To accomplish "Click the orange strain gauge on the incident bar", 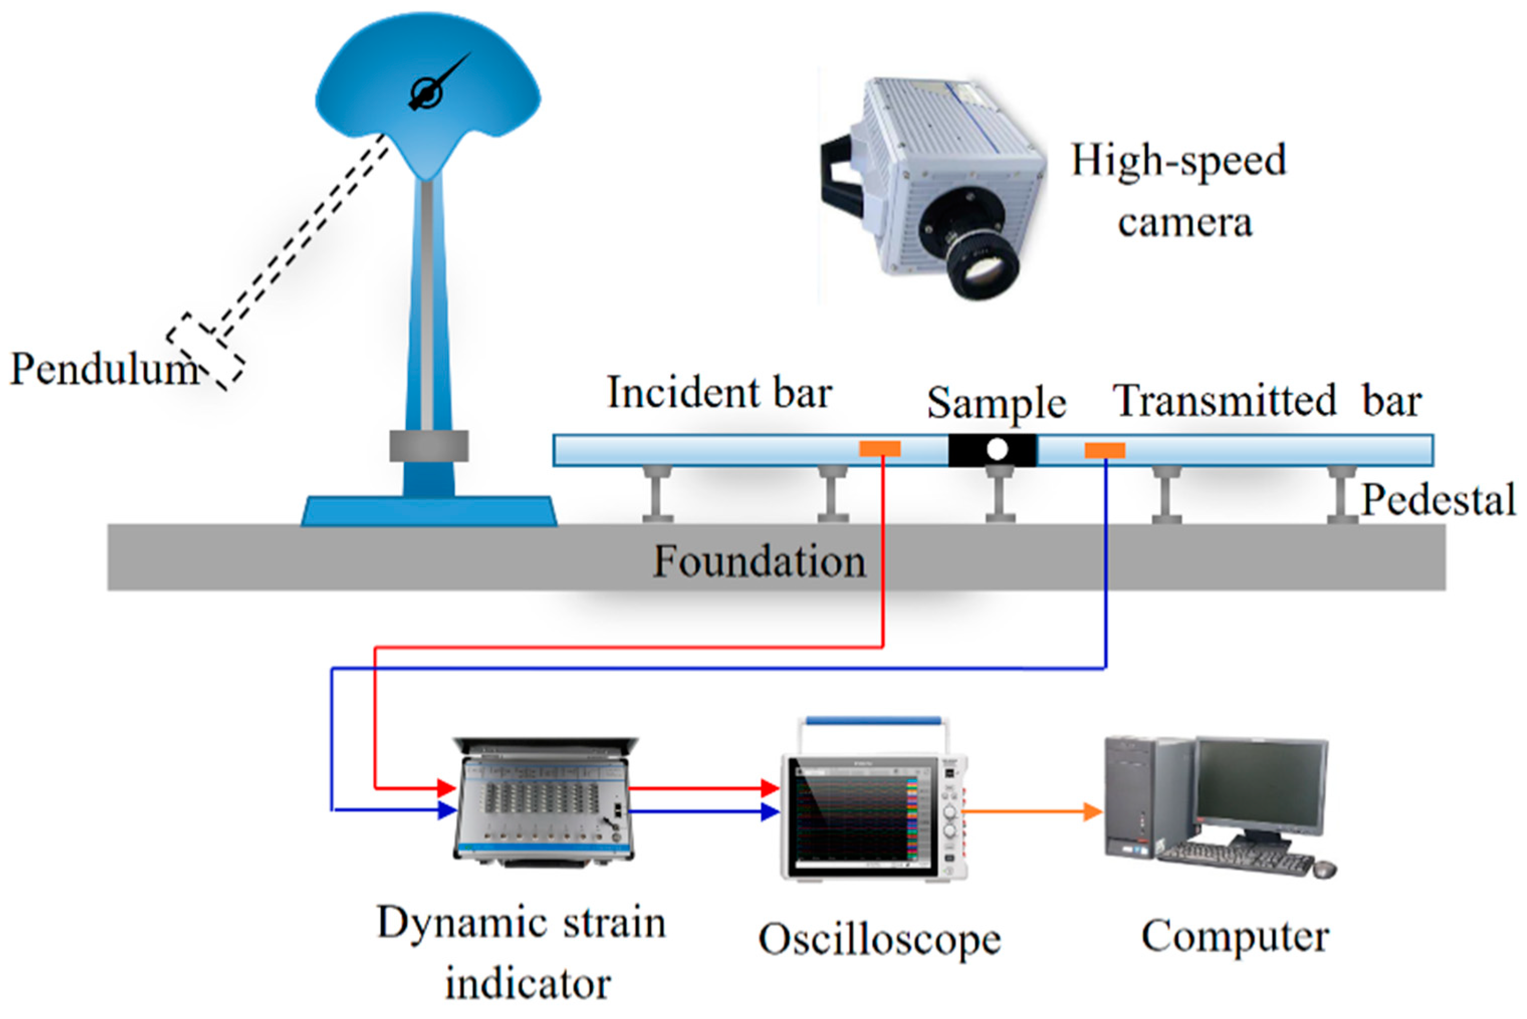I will pos(879,449).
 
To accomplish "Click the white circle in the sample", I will pos(996,450).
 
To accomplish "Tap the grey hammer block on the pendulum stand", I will pos(428,446).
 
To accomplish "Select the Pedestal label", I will pos(1438,500).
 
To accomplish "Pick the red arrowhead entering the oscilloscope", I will pos(771,789).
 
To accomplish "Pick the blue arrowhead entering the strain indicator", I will pos(447,810).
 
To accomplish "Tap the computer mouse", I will pos(1325,869).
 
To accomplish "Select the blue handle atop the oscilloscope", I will pos(872,720).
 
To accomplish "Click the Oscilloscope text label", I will pos(879,940).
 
